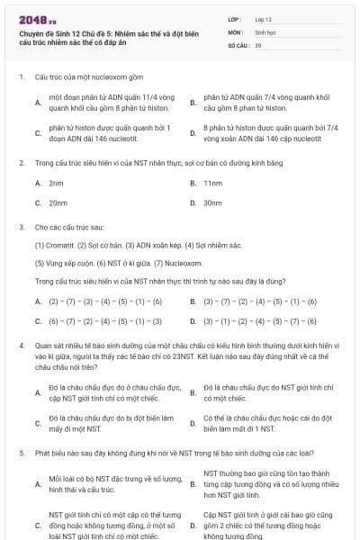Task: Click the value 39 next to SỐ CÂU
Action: tap(258, 44)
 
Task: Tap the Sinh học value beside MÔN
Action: tap(263, 31)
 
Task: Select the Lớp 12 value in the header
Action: tap(263, 19)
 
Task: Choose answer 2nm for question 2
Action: tap(56, 183)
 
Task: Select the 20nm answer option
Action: tap(58, 202)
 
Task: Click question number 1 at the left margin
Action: tap(21, 77)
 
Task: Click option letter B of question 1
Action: tap(193, 102)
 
